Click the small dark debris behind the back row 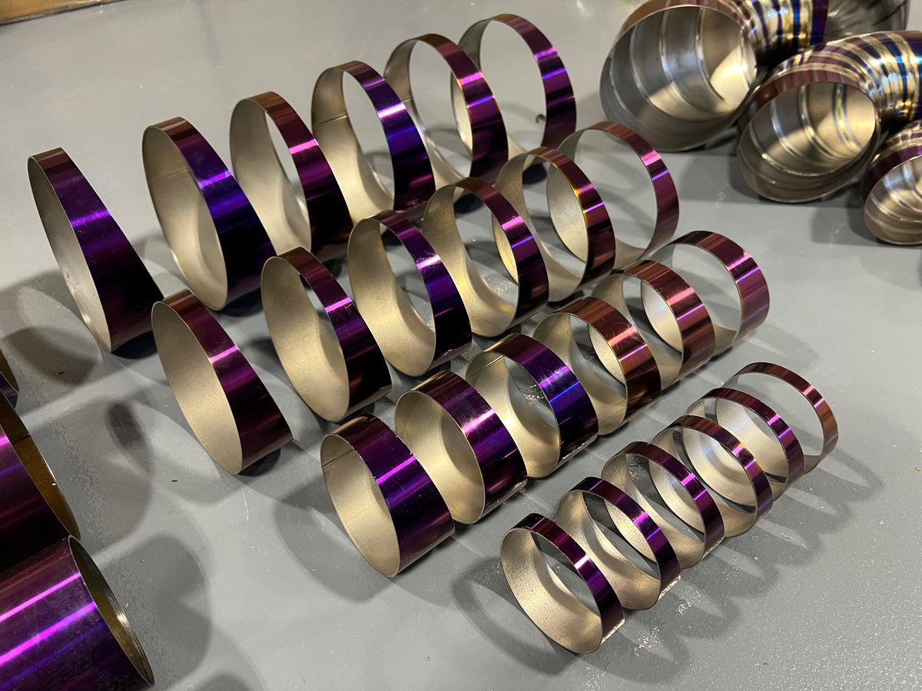pyautogui.click(x=540, y=119)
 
